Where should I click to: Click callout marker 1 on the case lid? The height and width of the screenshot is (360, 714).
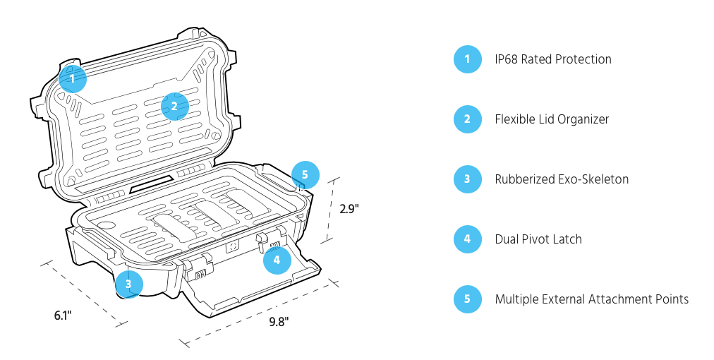[x=72, y=78]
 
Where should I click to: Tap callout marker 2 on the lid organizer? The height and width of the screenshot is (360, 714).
[x=174, y=107]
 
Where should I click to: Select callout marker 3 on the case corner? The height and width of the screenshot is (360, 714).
[x=129, y=284]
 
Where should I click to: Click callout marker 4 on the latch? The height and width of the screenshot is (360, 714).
[x=277, y=260]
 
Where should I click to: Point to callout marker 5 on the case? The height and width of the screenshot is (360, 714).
[x=305, y=174]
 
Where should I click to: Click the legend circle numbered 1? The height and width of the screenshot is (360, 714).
[x=467, y=59]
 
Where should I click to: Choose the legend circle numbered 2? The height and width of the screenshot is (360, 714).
[x=467, y=119]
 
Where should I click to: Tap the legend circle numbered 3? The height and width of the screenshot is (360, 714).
[x=467, y=179]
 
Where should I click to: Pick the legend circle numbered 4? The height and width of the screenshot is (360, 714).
[x=467, y=239]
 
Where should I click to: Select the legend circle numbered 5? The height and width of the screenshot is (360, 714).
[x=467, y=299]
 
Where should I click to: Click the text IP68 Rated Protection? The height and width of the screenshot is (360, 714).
[x=553, y=59]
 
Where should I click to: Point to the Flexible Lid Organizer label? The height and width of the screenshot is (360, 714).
[x=552, y=119]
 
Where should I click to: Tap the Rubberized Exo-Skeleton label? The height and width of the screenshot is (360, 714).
[x=562, y=179]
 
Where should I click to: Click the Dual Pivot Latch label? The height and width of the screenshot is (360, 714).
[x=538, y=239]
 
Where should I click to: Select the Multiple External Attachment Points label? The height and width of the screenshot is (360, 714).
[x=591, y=299]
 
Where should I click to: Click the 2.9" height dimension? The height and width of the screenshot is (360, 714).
[x=349, y=209]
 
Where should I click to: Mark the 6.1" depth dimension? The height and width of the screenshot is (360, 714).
[x=63, y=316]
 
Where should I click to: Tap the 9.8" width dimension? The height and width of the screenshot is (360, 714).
[x=279, y=322]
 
